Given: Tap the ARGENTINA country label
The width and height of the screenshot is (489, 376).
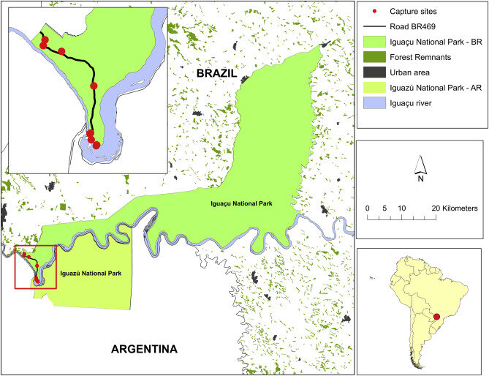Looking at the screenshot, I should coord(144,349).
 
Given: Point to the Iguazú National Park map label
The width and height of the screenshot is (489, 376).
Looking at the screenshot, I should coord(91,273).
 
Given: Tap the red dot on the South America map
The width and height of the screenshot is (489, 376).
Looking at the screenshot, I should coord(437,317).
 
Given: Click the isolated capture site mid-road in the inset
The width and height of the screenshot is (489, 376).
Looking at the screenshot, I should coord(94,86).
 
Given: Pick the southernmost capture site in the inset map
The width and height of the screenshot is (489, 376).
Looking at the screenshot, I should coord(96,145).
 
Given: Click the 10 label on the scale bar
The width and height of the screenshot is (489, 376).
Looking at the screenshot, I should coord(401,208).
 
